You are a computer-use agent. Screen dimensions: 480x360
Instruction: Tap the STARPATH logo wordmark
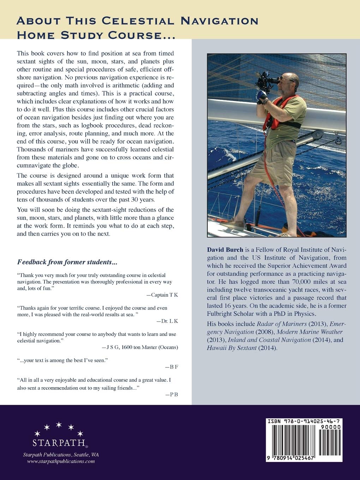click(x=59, y=442)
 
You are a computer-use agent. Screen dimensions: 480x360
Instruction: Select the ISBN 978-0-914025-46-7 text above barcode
click(x=304, y=421)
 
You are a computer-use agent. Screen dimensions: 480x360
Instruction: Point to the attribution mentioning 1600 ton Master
click(x=140, y=347)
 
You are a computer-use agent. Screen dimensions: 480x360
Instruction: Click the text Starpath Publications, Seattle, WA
click(x=59, y=455)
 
